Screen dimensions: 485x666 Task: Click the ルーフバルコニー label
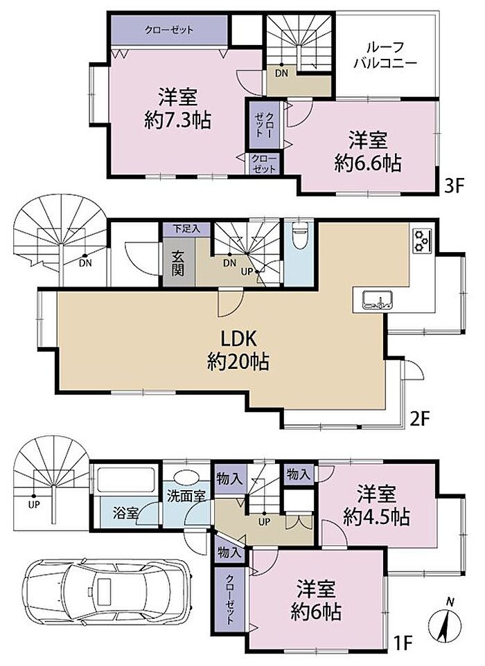click(x=385, y=55)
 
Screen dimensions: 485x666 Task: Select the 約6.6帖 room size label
click(x=368, y=163)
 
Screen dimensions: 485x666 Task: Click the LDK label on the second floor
click(x=238, y=339)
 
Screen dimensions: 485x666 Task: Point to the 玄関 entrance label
click(x=178, y=263)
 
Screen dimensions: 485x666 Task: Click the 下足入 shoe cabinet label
click(x=186, y=229)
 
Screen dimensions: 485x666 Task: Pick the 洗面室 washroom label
click(x=186, y=496)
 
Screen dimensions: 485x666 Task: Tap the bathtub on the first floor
click(x=125, y=480)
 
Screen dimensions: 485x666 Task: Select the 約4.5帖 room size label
click(x=377, y=517)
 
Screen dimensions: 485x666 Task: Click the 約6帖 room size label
click(x=316, y=612)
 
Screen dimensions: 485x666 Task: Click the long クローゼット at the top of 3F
click(x=169, y=30)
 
